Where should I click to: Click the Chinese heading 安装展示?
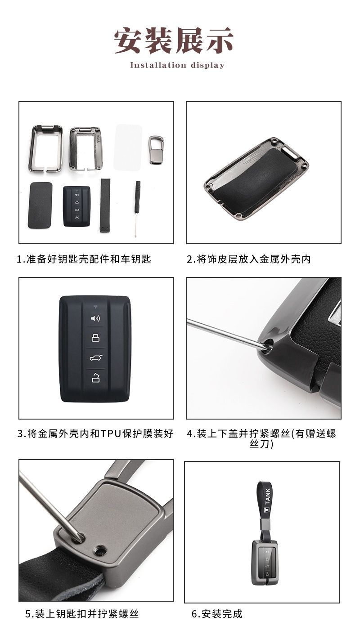click(174, 41)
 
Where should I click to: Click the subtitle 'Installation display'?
click(177, 65)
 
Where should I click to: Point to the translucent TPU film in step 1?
click(128, 147)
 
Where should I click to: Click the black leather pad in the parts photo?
click(40, 205)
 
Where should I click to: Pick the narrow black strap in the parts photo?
click(105, 205)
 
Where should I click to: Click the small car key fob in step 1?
click(77, 206)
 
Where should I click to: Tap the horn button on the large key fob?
click(95, 318)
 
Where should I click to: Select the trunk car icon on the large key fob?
click(96, 358)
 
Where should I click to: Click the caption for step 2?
click(249, 259)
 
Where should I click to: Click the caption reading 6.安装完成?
click(217, 614)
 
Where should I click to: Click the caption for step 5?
click(82, 614)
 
